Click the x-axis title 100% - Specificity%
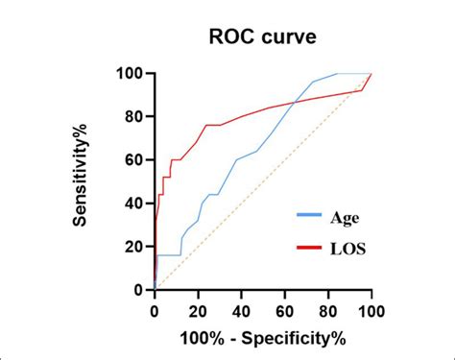(x=262, y=338)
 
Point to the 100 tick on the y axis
(x=132, y=74)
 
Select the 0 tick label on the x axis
(x=155, y=311)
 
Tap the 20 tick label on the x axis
(x=198, y=311)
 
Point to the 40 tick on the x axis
(x=241, y=311)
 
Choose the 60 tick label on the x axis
(x=284, y=311)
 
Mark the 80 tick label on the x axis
(x=327, y=311)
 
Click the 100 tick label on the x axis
(x=371, y=311)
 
